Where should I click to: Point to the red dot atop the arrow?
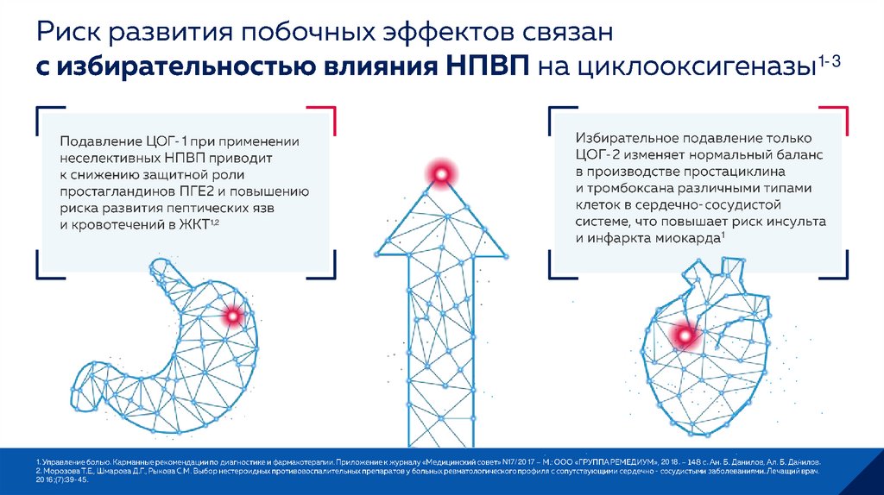[441, 175]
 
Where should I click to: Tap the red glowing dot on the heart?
[685, 335]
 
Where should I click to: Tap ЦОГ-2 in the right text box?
[600, 155]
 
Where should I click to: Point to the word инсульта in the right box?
[793, 222]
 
